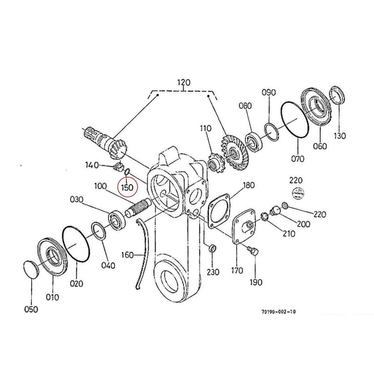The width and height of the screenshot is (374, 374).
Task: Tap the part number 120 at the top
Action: (184, 83)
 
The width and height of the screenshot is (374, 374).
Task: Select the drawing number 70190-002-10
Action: (279, 311)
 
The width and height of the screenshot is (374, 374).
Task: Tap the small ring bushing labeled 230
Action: (212, 249)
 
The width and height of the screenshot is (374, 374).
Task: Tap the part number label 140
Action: (92, 165)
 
